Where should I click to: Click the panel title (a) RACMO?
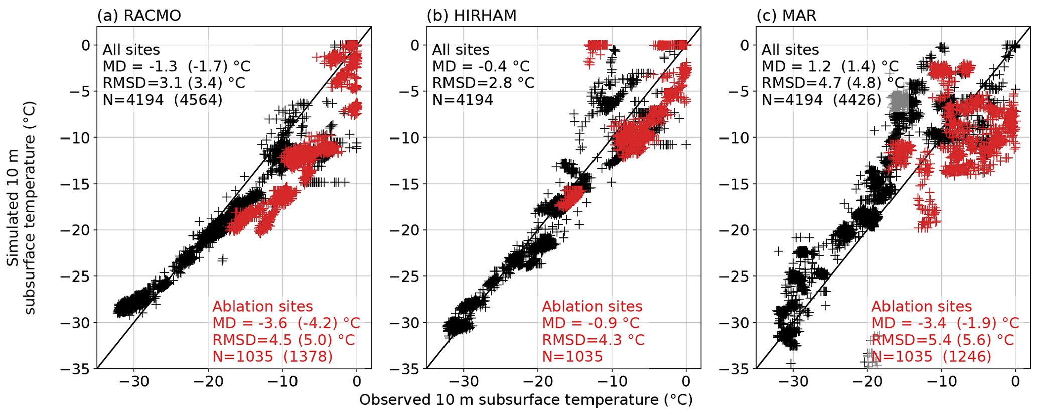(139, 16)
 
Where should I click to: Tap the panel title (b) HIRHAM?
(471, 16)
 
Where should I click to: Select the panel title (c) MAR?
(786, 16)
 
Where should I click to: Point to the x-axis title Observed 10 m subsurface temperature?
(526, 400)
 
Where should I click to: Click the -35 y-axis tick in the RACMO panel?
(76, 369)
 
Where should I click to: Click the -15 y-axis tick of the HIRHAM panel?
(405, 184)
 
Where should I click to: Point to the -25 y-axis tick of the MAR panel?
(735, 276)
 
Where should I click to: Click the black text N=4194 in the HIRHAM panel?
(463, 99)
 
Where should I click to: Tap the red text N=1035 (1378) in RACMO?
(272, 356)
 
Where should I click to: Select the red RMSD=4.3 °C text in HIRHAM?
(593, 340)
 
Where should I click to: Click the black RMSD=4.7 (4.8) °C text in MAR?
(833, 83)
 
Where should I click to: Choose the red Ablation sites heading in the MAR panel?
(922, 306)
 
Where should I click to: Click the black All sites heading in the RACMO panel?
(131, 50)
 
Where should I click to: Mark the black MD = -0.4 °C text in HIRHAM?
(481, 66)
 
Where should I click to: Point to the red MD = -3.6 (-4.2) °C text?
(286, 323)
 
